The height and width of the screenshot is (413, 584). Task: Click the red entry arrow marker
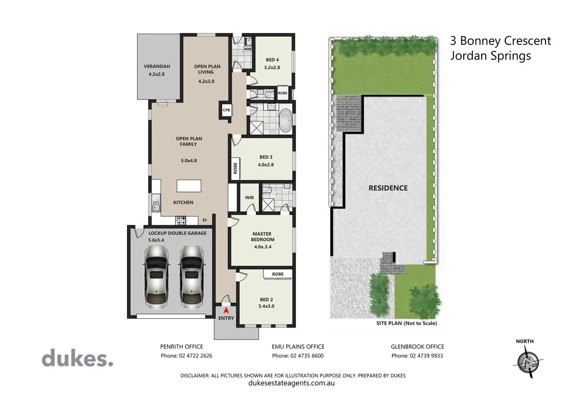226,311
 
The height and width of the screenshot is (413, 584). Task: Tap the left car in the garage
155,277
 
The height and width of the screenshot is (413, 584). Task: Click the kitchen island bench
189,186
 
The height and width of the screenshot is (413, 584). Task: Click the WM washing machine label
247,49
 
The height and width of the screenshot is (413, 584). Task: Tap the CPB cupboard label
226,110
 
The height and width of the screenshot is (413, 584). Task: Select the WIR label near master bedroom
249,198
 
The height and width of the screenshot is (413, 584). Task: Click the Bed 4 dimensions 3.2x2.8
272,67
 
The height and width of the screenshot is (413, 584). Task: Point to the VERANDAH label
157,66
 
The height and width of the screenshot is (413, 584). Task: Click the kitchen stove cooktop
181,220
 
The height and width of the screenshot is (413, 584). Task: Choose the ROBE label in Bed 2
278,274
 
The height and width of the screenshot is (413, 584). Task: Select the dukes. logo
77,359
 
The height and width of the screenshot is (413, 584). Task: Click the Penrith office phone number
186,356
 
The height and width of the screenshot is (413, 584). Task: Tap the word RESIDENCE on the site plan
388,188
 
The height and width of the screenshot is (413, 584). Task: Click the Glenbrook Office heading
417,346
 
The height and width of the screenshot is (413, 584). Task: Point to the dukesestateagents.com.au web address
291,383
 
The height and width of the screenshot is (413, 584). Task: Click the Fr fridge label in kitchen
205,220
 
